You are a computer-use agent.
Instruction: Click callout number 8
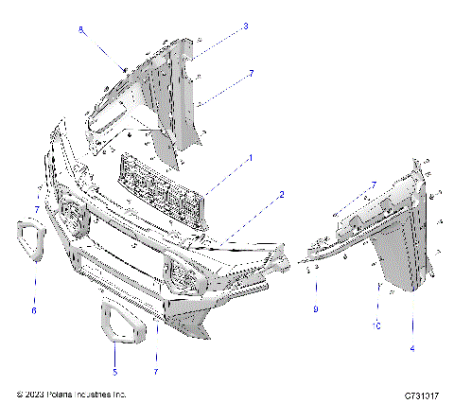coord(81,30)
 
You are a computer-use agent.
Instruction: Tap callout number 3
coord(245,26)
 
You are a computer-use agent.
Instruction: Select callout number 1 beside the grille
coord(250,157)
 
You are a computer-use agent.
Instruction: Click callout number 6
coord(34,310)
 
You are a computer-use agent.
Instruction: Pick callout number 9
coord(316,308)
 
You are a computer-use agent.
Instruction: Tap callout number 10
coord(377,325)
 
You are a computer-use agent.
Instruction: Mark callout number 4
coord(413,349)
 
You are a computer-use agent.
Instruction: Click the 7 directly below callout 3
coord(251,72)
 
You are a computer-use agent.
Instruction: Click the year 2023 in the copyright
coord(32,394)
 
